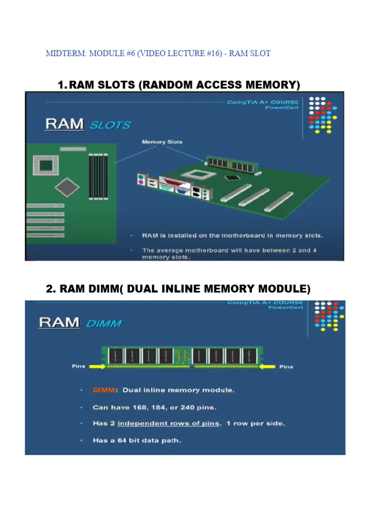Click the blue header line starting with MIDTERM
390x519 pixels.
pyautogui.click(x=158, y=53)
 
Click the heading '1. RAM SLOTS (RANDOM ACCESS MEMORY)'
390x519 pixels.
pyautogui.click(x=179, y=85)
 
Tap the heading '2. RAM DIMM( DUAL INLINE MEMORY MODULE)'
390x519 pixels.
pyautogui.click(x=178, y=289)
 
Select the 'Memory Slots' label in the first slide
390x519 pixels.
pyautogui.click(x=161, y=142)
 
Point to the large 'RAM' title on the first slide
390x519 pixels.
pyautogui.click(x=64, y=124)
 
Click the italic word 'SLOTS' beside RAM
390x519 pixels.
pyautogui.click(x=110, y=125)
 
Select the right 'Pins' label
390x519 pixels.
pyautogui.click(x=286, y=366)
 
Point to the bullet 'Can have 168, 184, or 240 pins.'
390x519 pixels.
pyautogui.click(x=154, y=407)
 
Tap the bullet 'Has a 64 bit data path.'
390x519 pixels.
pyautogui.click(x=136, y=440)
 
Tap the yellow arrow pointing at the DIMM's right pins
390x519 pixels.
pyautogui.click(x=267, y=366)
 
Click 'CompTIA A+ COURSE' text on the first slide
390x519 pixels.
pyautogui.click(x=263, y=102)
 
